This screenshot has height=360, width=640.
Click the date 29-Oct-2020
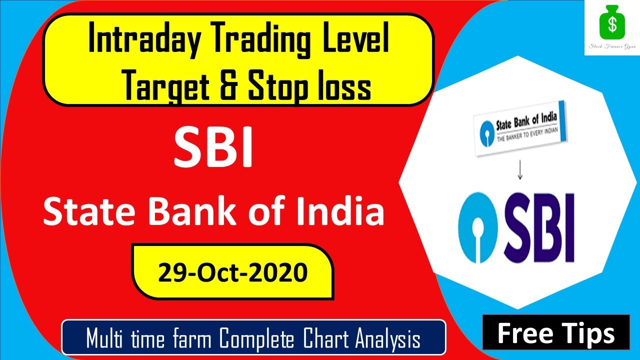click(x=232, y=272)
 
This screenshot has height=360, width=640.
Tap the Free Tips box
click(x=555, y=332)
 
